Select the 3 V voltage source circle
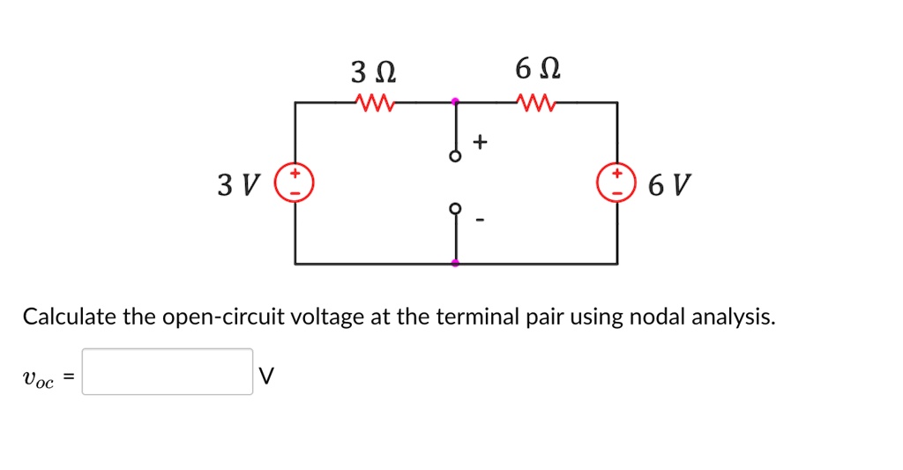click(295, 182)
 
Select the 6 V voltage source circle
click(616, 182)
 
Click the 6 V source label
click(669, 185)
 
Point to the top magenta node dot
click(455, 102)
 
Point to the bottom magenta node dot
click(455, 263)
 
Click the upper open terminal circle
click(455, 156)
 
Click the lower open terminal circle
click(455, 208)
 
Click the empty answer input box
click(168, 372)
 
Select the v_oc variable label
click(38, 378)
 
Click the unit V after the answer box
click(267, 377)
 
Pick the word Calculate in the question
click(69, 316)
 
